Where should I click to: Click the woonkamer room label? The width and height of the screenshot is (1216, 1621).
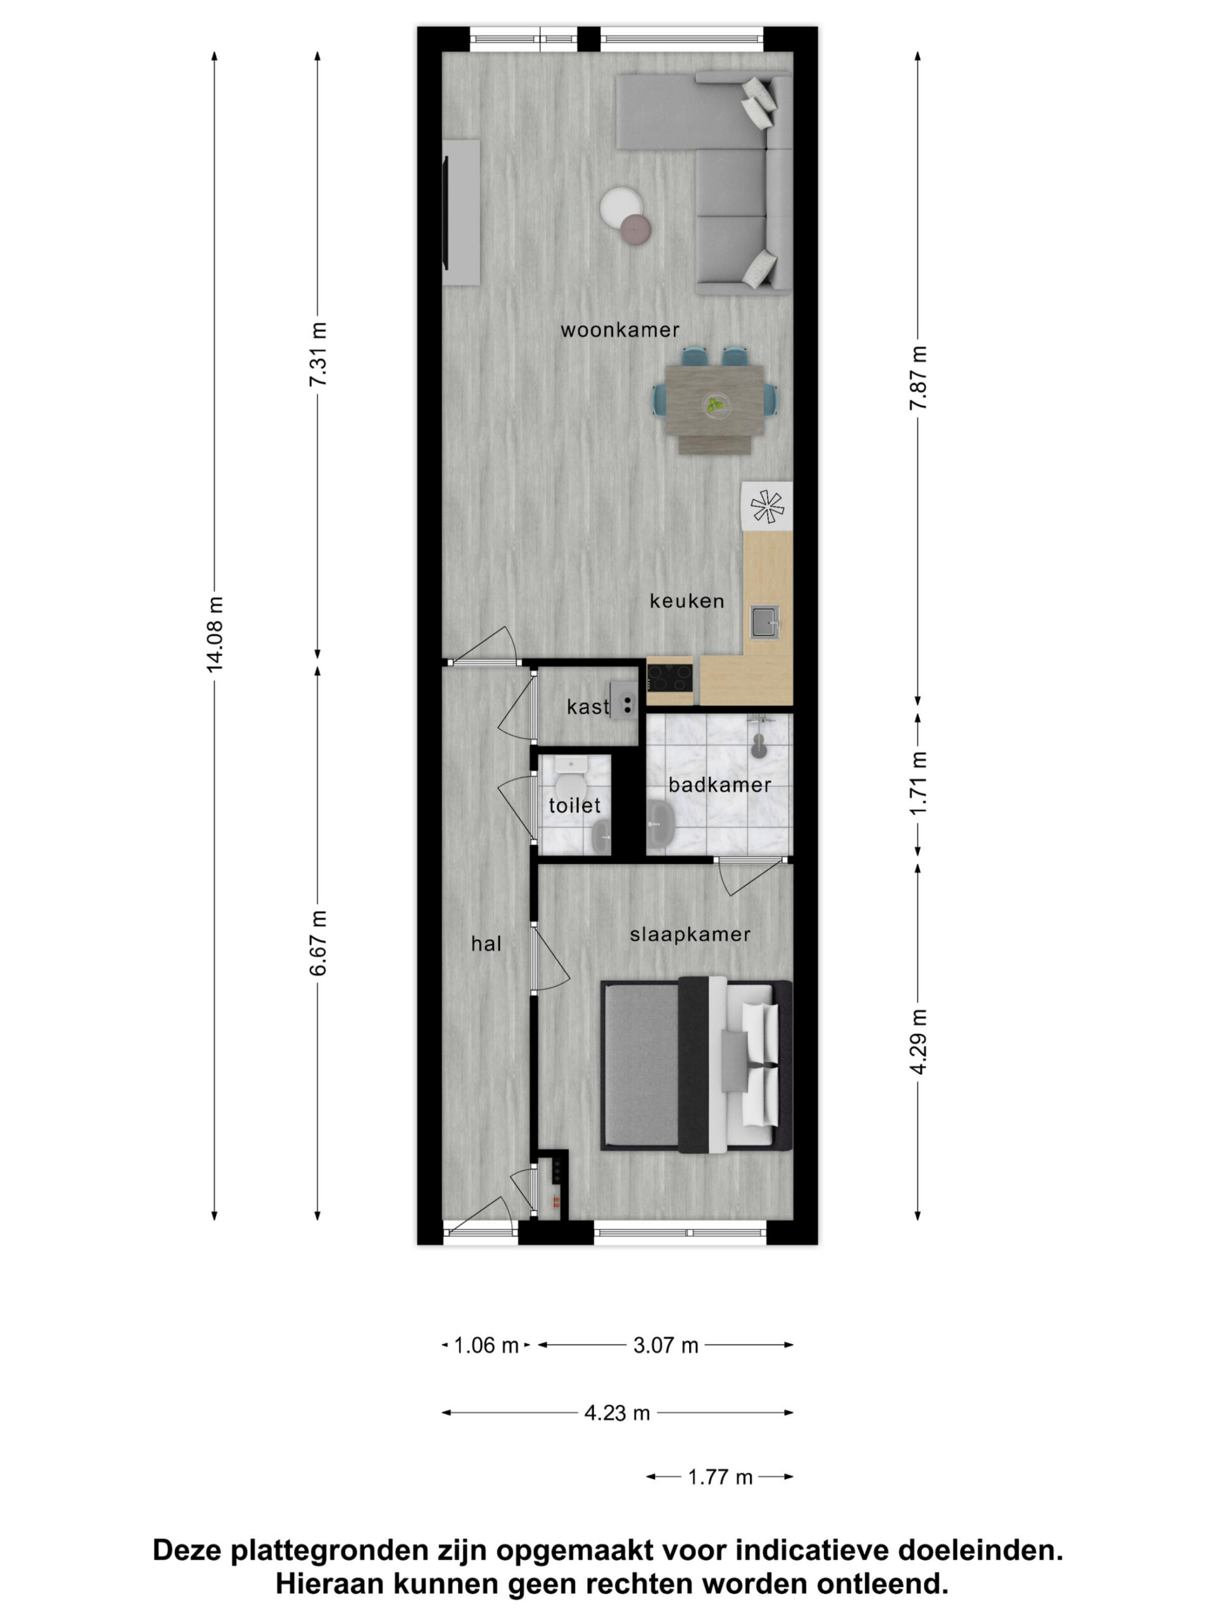click(619, 330)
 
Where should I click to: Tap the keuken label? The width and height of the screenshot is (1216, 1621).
click(687, 601)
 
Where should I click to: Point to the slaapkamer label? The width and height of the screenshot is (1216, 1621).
click(690, 935)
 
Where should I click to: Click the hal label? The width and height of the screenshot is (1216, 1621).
click(486, 944)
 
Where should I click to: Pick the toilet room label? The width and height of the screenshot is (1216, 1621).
click(574, 805)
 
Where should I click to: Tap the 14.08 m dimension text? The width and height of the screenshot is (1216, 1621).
click(214, 634)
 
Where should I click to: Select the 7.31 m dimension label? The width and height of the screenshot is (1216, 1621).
click(317, 355)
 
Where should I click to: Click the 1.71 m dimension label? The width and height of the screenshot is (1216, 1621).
click(918, 783)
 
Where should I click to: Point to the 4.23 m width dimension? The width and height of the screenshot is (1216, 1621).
click(617, 1413)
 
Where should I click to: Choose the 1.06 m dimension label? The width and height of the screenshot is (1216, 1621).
click(486, 1346)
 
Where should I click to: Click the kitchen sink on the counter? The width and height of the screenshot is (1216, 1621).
click(764, 621)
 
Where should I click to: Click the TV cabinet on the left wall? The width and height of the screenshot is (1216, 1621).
click(462, 213)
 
